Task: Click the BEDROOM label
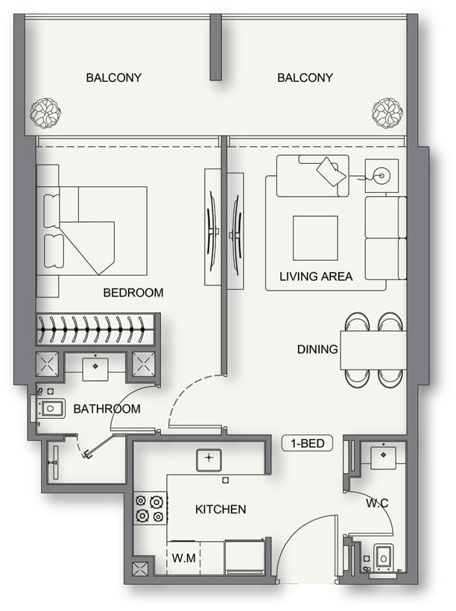coord(133,292)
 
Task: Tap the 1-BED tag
coord(308,443)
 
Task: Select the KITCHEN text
coord(221,510)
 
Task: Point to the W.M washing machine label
coord(183,558)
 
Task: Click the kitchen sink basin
coord(209,460)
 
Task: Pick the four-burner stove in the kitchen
coord(150,508)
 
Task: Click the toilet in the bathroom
coord(50,409)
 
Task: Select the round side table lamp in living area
coord(381,176)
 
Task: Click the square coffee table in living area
coord(315,238)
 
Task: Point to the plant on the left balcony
coord(45,113)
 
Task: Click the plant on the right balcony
coord(387,113)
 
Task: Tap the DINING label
coord(317,349)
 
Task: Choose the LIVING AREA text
coord(316,276)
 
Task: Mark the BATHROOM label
coord(107,408)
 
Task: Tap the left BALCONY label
coord(113,77)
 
